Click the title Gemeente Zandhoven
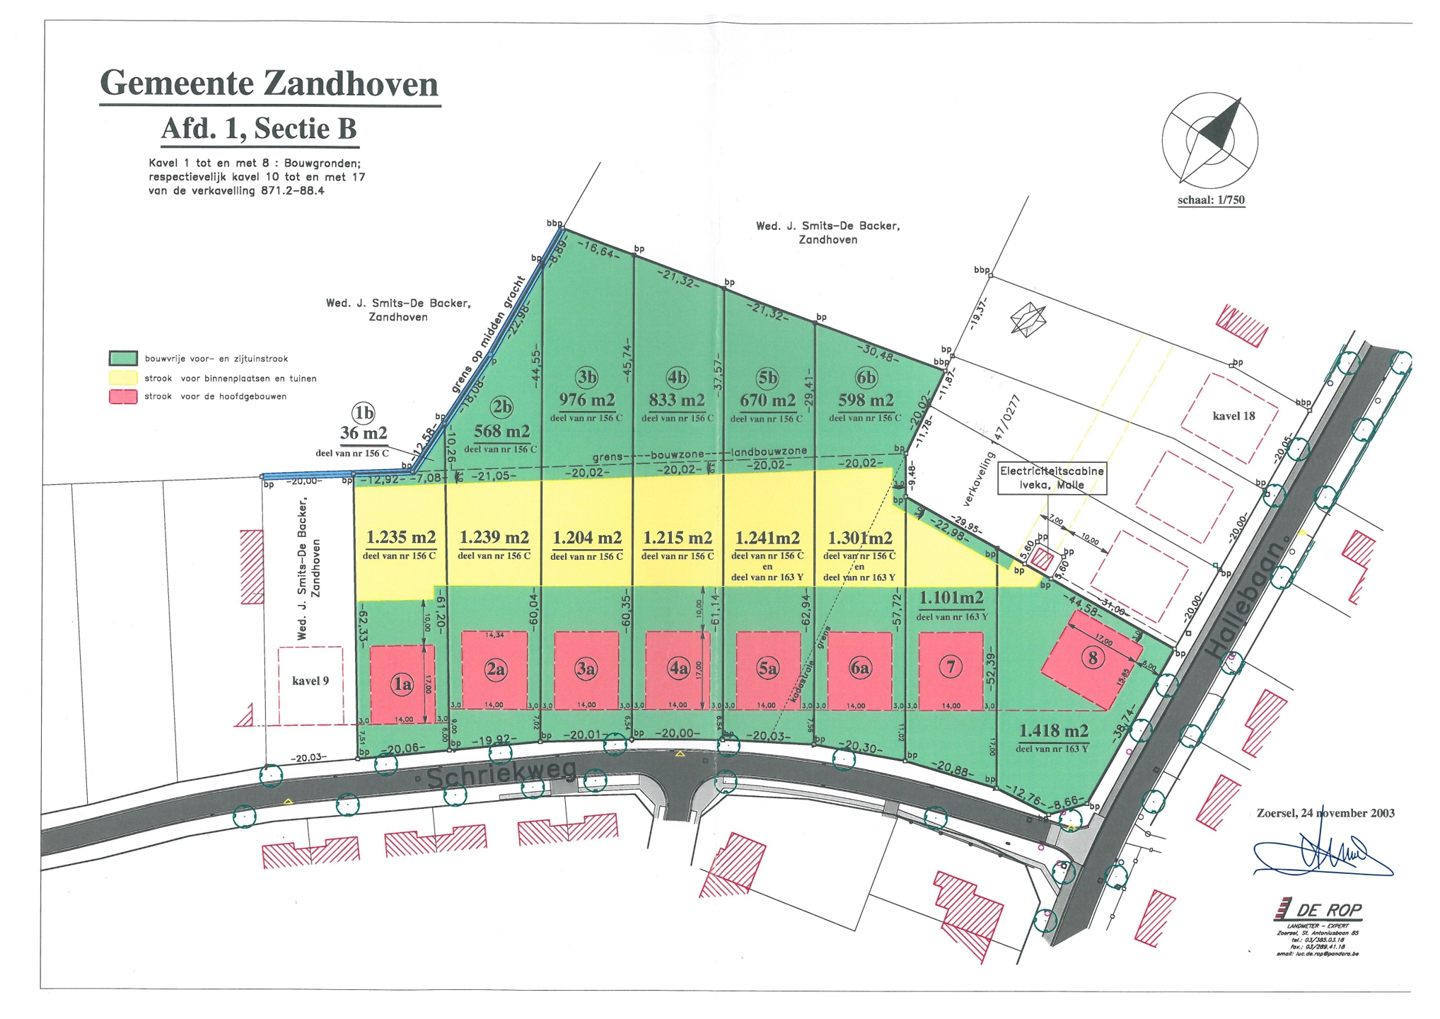click(269, 84)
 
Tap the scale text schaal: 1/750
click(1210, 200)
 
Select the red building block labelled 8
click(1091, 660)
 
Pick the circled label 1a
click(402, 684)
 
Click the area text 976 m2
click(586, 400)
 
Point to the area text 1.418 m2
click(1052, 731)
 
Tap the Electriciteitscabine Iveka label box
click(1052, 478)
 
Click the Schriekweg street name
click(501, 774)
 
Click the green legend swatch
click(123, 359)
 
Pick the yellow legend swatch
click(123, 378)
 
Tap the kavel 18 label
click(1233, 416)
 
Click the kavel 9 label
click(310, 681)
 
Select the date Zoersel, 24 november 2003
click(1325, 813)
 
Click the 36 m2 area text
click(364, 433)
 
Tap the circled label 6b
click(865, 378)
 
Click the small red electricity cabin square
click(1041, 559)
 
